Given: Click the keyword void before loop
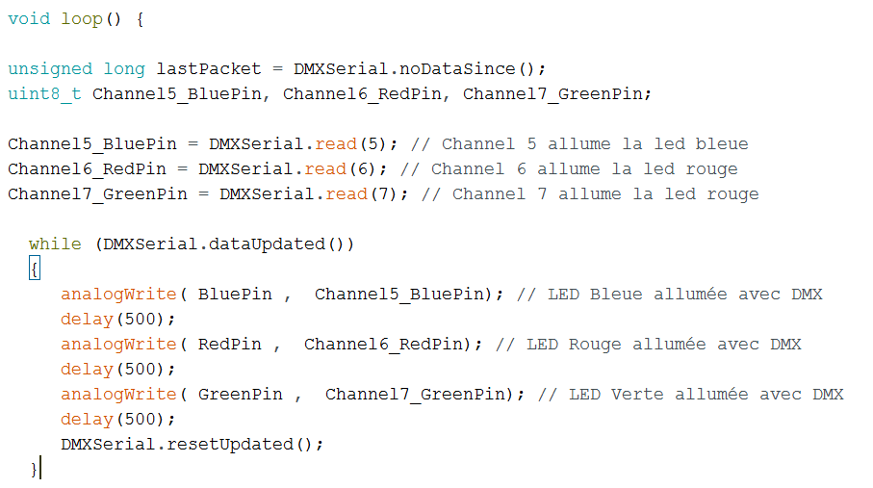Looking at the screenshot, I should tap(29, 18).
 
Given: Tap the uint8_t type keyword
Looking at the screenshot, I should tap(44, 93).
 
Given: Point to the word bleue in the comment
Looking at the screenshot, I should tap(722, 143).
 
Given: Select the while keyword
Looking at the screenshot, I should tap(55, 244).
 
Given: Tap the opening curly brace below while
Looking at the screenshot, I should tap(35, 270).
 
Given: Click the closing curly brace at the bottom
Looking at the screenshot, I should tap(35, 469).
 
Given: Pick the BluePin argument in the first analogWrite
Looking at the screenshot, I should tap(235, 294).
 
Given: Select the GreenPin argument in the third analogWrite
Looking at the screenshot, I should tap(241, 394).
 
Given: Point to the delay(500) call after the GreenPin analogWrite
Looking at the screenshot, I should tap(118, 419).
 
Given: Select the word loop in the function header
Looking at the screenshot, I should tap(82, 18).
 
